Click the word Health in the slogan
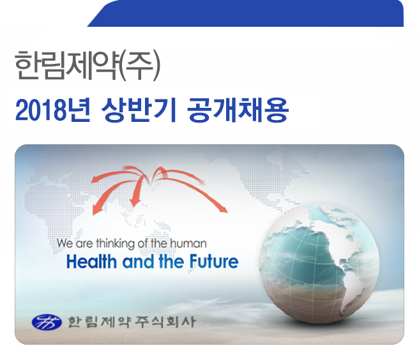click(x=89, y=262)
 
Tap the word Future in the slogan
click(x=213, y=262)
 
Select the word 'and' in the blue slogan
click(x=135, y=262)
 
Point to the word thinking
click(x=113, y=243)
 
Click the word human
click(x=190, y=243)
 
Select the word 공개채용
click(x=238, y=112)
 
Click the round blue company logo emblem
click(x=47, y=321)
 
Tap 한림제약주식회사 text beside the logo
click(x=131, y=321)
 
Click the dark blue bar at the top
click(x=242, y=13)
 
